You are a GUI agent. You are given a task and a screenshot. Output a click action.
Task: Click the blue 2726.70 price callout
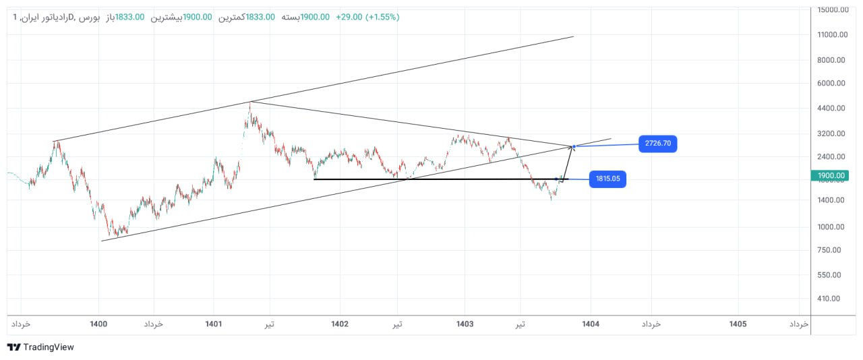tap(658, 144)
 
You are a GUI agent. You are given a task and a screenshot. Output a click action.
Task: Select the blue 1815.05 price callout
tap(607, 179)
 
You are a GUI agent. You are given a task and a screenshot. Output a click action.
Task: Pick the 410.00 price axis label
tap(829, 299)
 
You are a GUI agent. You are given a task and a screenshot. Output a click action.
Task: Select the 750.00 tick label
tap(829, 250)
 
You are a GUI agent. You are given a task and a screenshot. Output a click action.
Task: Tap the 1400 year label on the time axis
tap(98, 324)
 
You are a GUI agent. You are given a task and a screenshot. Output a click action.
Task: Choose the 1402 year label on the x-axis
tap(340, 324)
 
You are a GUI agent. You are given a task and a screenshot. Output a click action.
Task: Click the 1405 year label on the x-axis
tap(738, 324)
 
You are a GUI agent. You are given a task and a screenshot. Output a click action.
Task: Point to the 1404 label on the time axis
tap(591, 324)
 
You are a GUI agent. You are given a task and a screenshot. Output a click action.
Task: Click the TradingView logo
tap(40, 347)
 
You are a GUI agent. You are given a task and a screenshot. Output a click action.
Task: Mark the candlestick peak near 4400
tap(250, 104)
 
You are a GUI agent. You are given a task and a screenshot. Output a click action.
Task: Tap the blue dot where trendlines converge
tap(574, 146)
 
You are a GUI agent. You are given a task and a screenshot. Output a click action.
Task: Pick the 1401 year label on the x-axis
tap(214, 324)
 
